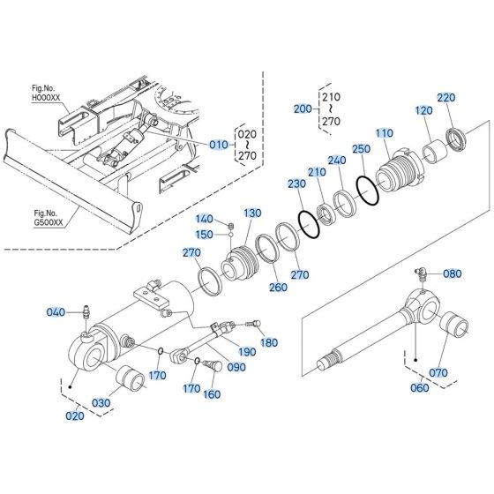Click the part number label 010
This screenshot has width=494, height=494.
(x=218, y=144)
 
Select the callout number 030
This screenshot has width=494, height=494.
(x=101, y=402)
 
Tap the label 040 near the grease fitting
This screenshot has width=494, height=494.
(x=55, y=312)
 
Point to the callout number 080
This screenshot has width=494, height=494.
(x=452, y=273)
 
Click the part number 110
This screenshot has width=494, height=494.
(x=383, y=132)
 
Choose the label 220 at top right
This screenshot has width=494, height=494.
(x=445, y=97)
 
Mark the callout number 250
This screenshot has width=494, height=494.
(x=360, y=151)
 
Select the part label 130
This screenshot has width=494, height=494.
(x=253, y=213)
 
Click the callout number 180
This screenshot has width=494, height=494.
(x=269, y=342)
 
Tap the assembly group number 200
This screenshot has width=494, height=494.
(x=303, y=109)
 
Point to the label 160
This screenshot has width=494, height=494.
(x=213, y=394)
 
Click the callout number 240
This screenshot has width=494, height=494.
(x=335, y=161)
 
